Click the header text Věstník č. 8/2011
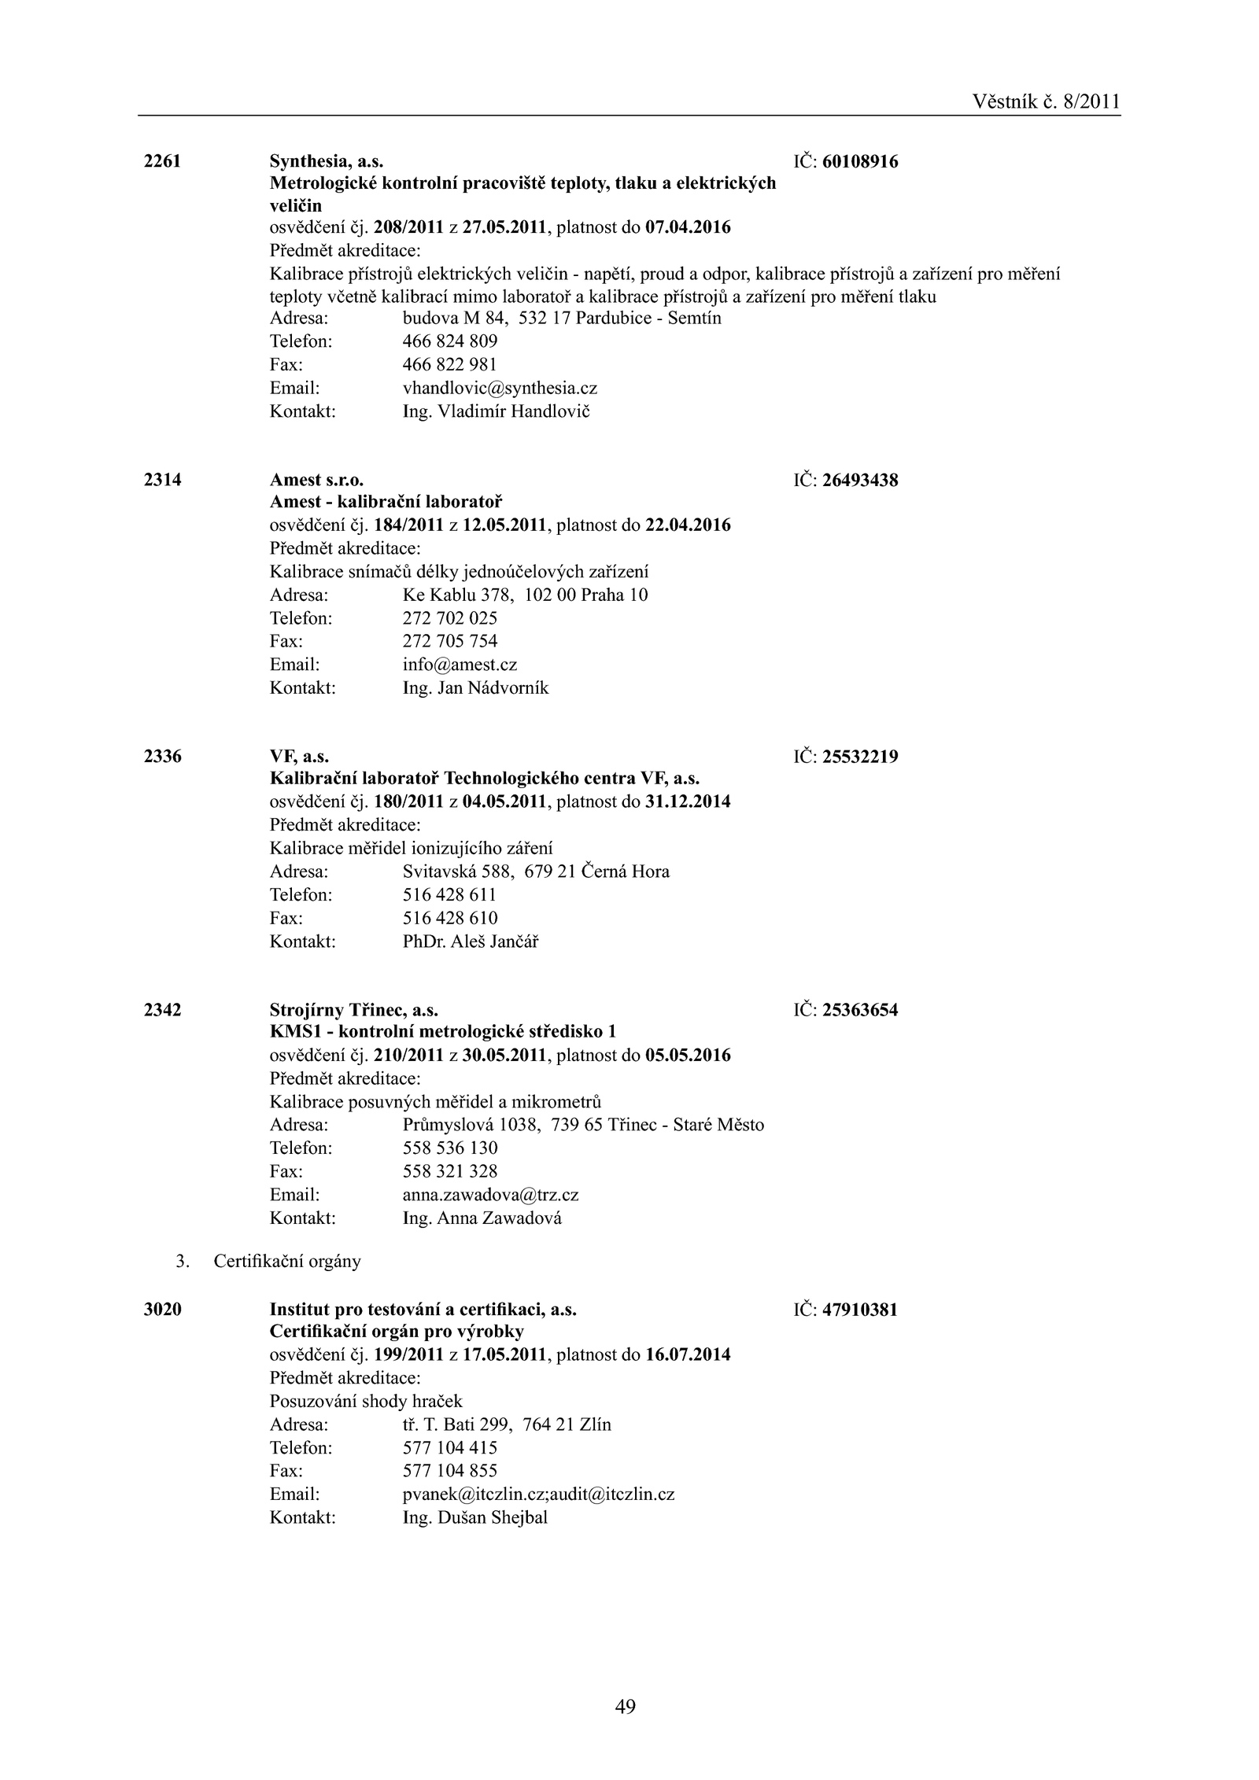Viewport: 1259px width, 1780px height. (x=1045, y=101)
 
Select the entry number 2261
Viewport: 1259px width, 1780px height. (x=163, y=161)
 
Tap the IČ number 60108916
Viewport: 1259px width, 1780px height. (x=860, y=162)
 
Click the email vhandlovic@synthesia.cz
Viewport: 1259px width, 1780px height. (x=500, y=388)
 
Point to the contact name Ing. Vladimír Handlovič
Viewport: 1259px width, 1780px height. (x=496, y=411)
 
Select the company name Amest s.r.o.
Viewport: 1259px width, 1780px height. (x=317, y=480)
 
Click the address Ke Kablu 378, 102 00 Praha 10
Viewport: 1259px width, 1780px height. (x=525, y=595)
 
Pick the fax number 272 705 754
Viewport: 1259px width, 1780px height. (x=450, y=641)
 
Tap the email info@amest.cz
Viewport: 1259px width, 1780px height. (x=460, y=665)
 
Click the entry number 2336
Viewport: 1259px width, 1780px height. (x=163, y=757)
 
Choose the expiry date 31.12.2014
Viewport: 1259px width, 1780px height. (x=688, y=802)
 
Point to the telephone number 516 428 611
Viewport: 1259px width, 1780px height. (x=449, y=894)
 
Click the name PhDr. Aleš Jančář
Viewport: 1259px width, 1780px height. (x=471, y=941)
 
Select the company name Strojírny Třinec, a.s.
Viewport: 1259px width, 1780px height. (x=354, y=1010)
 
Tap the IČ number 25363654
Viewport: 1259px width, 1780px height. (x=860, y=1010)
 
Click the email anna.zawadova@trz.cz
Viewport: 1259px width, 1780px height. (x=490, y=1195)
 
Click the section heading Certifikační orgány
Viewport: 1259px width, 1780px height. (x=287, y=1262)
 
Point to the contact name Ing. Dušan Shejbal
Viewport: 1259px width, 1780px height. (x=474, y=1517)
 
